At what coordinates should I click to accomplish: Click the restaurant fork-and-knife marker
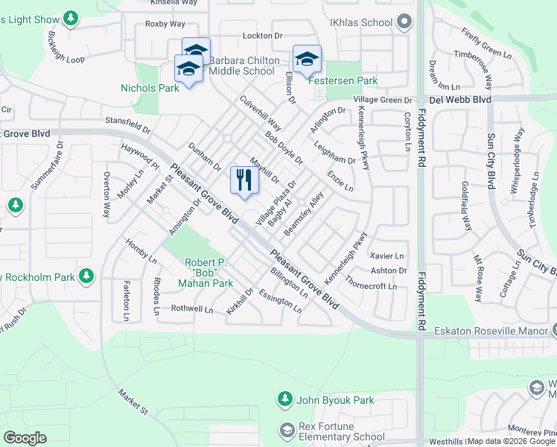pos(244,180)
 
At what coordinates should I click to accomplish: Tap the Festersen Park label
pos(345,80)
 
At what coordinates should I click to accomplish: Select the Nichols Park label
pos(150,88)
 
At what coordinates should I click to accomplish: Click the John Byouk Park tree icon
pos(284,400)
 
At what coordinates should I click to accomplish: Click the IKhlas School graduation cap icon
pos(404,22)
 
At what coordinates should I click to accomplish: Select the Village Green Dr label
pos(383,100)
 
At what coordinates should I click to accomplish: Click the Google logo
pos(25,438)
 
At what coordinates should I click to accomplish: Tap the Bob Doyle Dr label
pos(284,149)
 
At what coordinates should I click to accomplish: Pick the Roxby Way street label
pos(165,24)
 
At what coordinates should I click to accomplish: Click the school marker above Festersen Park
pos(307,58)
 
